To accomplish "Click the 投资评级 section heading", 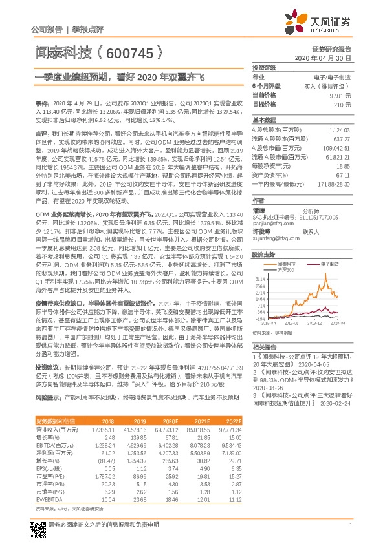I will [x=264, y=67].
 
